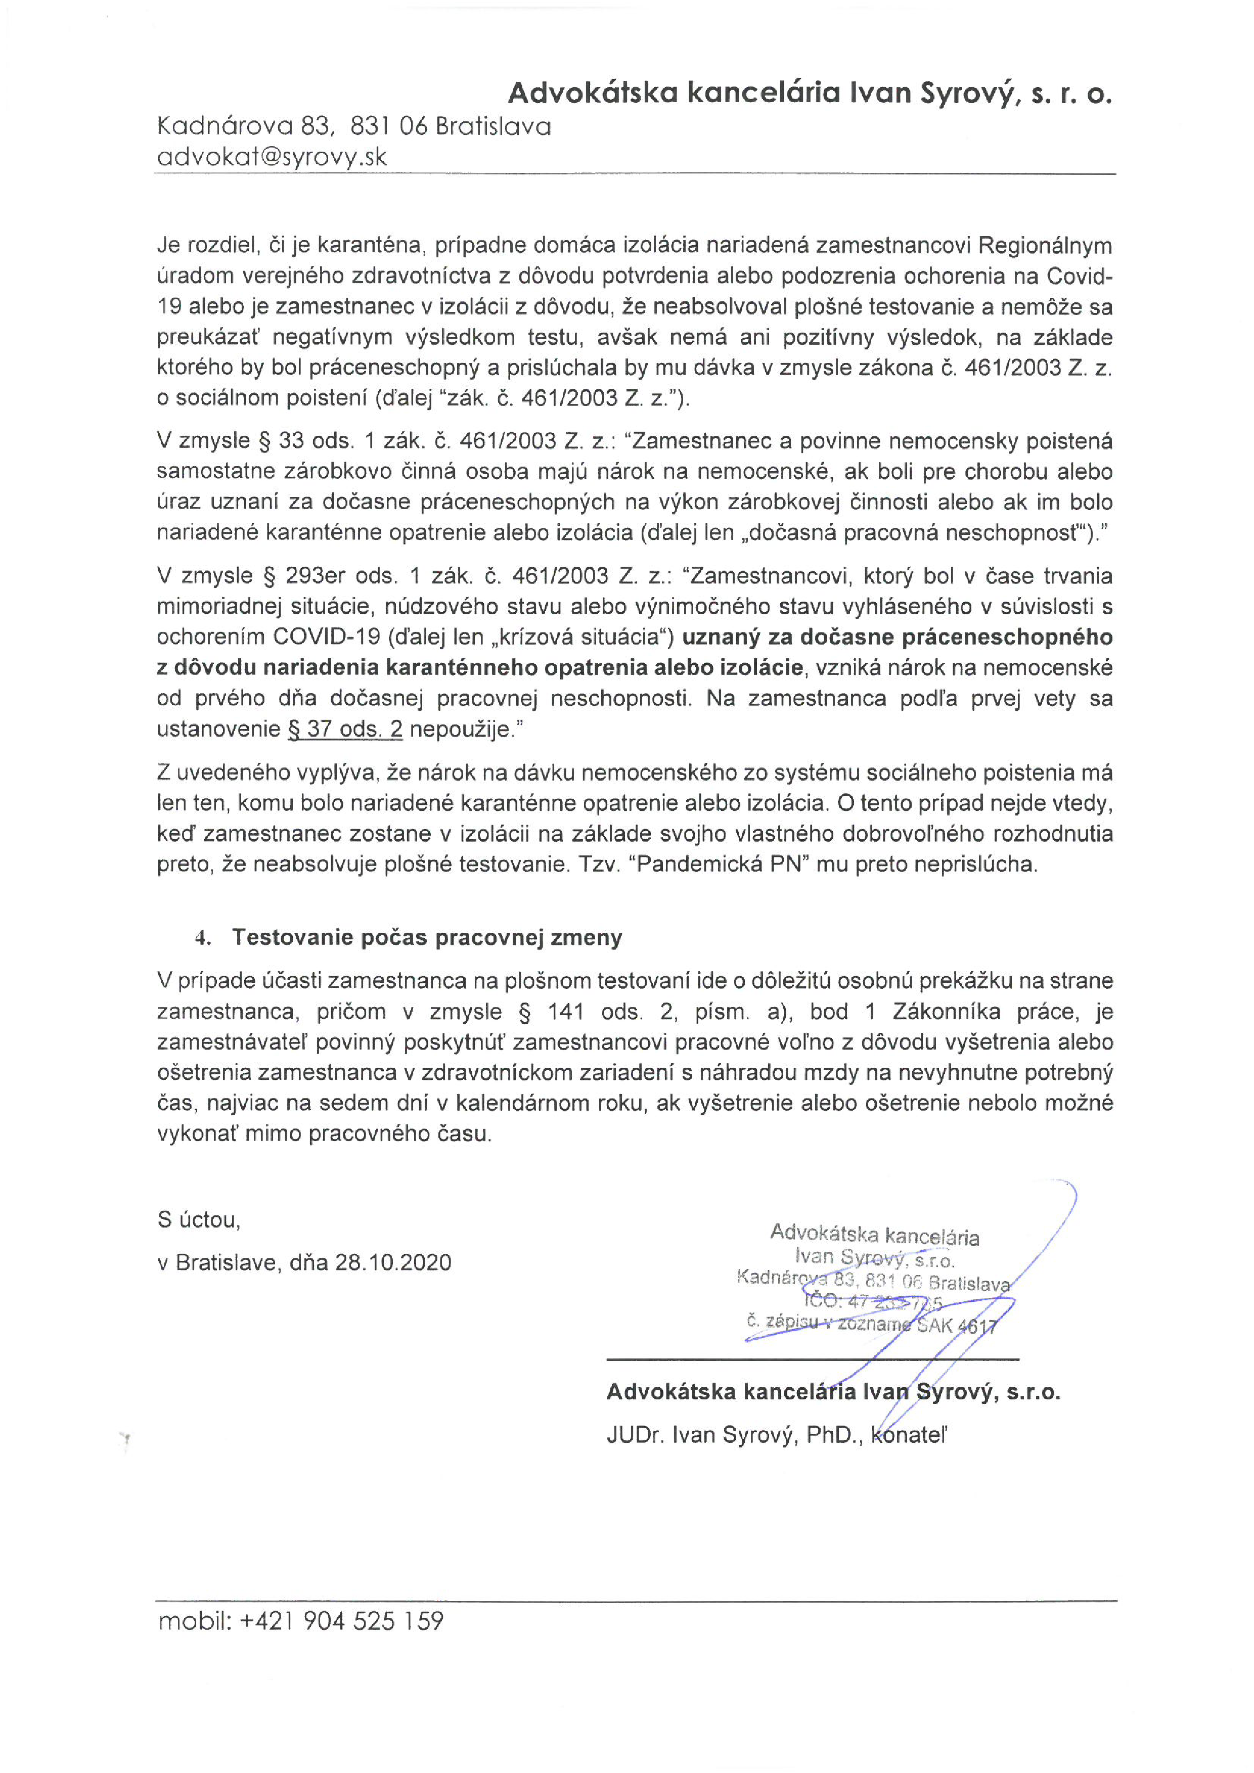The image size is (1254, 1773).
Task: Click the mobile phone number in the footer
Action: tap(342, 1620)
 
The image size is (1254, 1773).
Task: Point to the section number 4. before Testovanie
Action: tap(202, 937)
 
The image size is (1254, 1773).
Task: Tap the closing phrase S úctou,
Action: tap(198, 1219)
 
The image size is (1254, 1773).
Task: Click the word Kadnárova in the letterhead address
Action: tap(225, 126)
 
